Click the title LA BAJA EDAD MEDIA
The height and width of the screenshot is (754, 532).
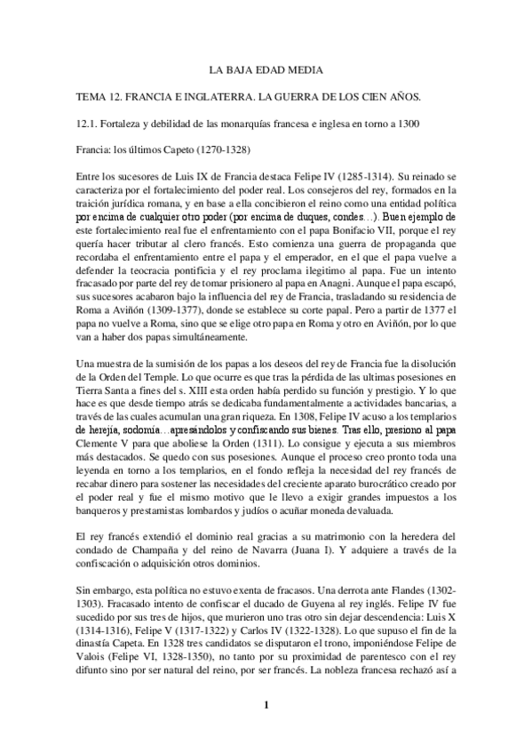pyautogui.click(x=266, y=68)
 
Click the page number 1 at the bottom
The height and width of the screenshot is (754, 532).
pyautogui.click(x=266, y=706)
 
